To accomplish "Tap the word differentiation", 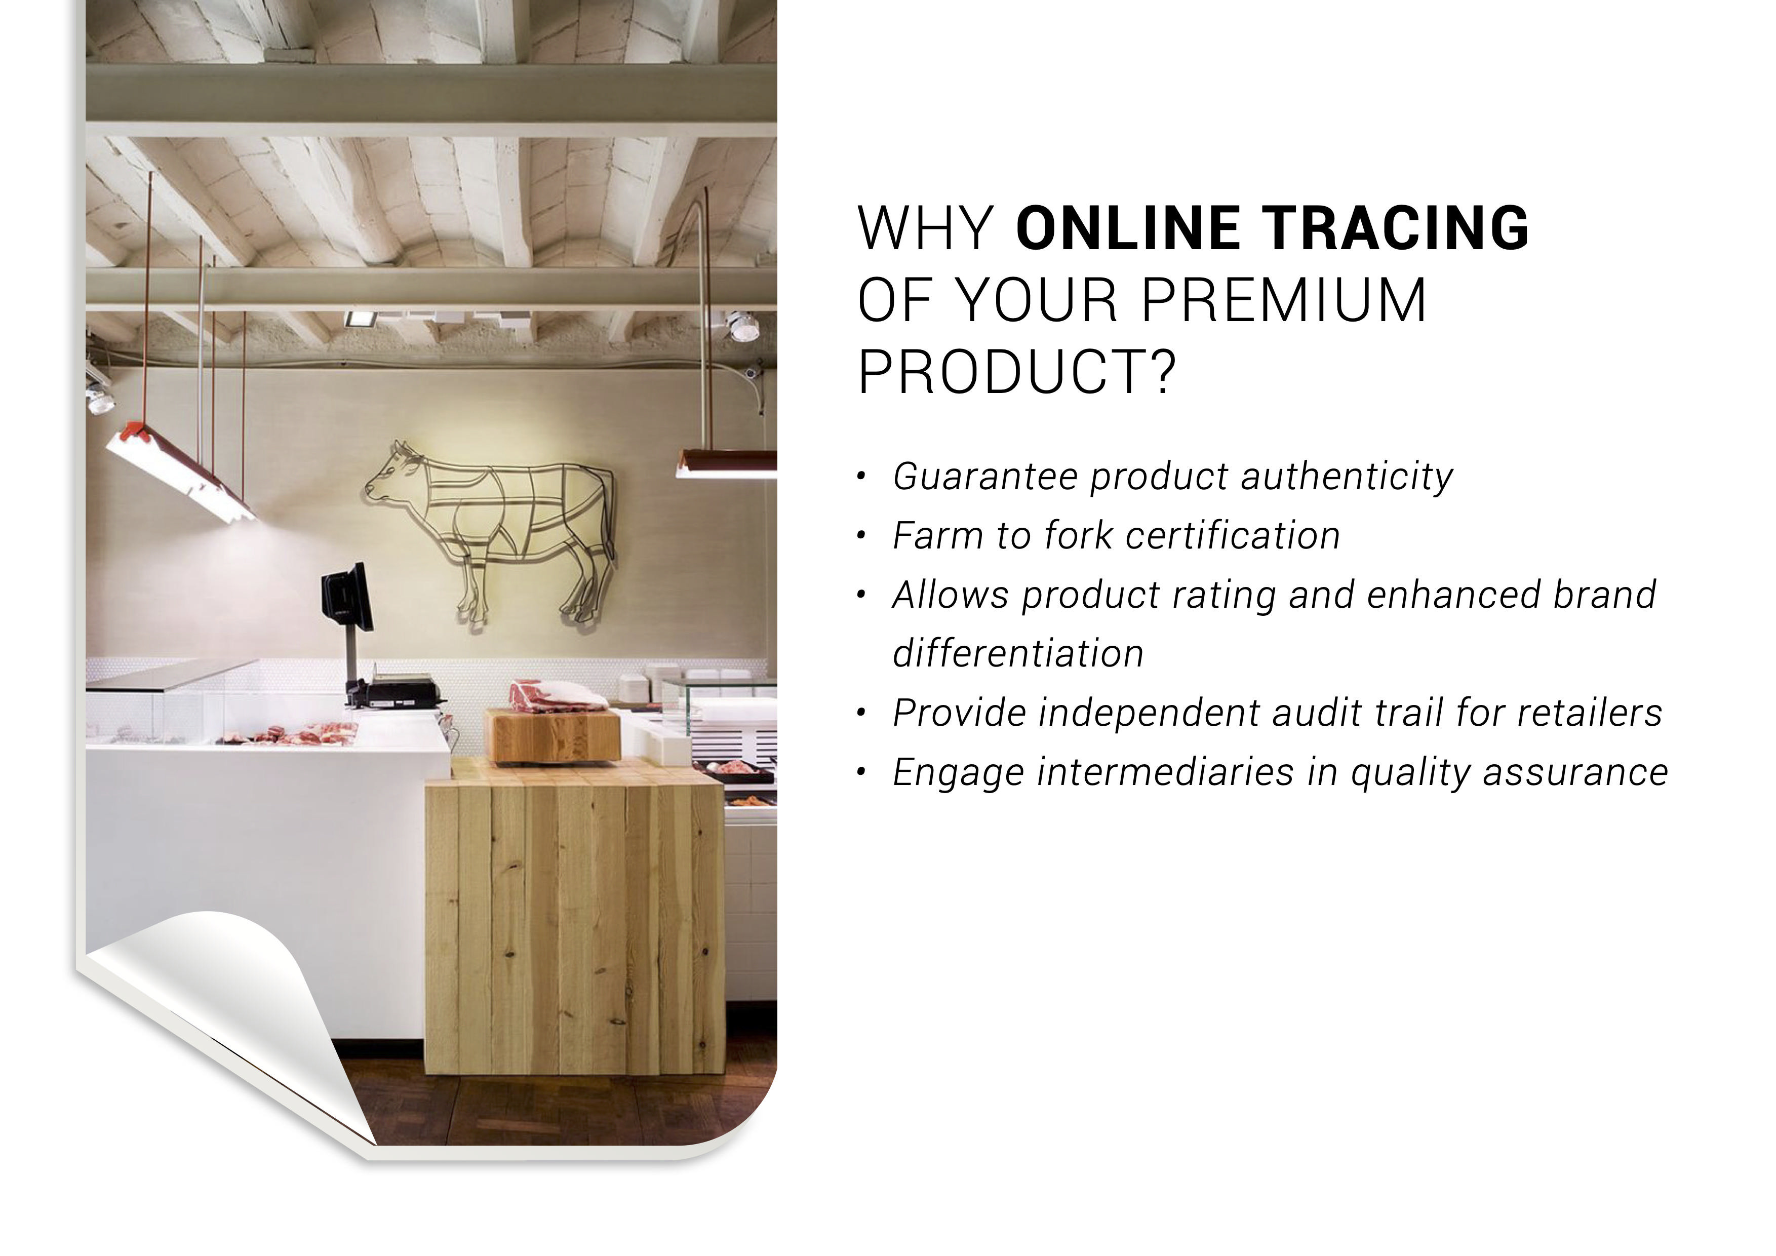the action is click(x=1018, y=653).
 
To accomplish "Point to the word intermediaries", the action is click(x=1166, y=772).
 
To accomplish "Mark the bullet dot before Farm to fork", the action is click(x=861, y=536).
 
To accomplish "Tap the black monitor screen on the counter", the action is click(x=347, y=596).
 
